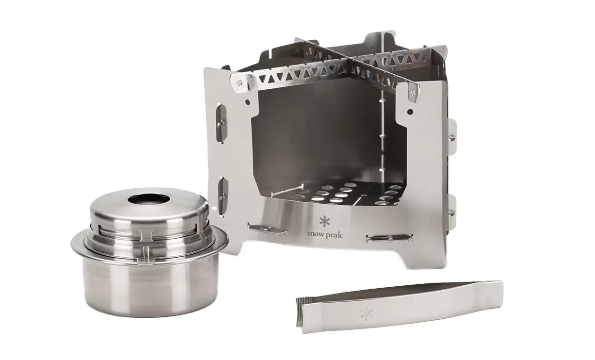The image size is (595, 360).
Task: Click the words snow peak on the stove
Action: pos(324,235)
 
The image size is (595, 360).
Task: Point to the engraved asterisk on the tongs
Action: pos(366,313)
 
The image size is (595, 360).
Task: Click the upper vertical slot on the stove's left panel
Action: pos(222,123)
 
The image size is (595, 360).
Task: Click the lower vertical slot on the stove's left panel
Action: pos(223,196)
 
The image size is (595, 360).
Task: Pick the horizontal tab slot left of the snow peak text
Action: pos(267,229)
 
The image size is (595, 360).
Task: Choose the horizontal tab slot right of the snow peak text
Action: pos(389,238)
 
